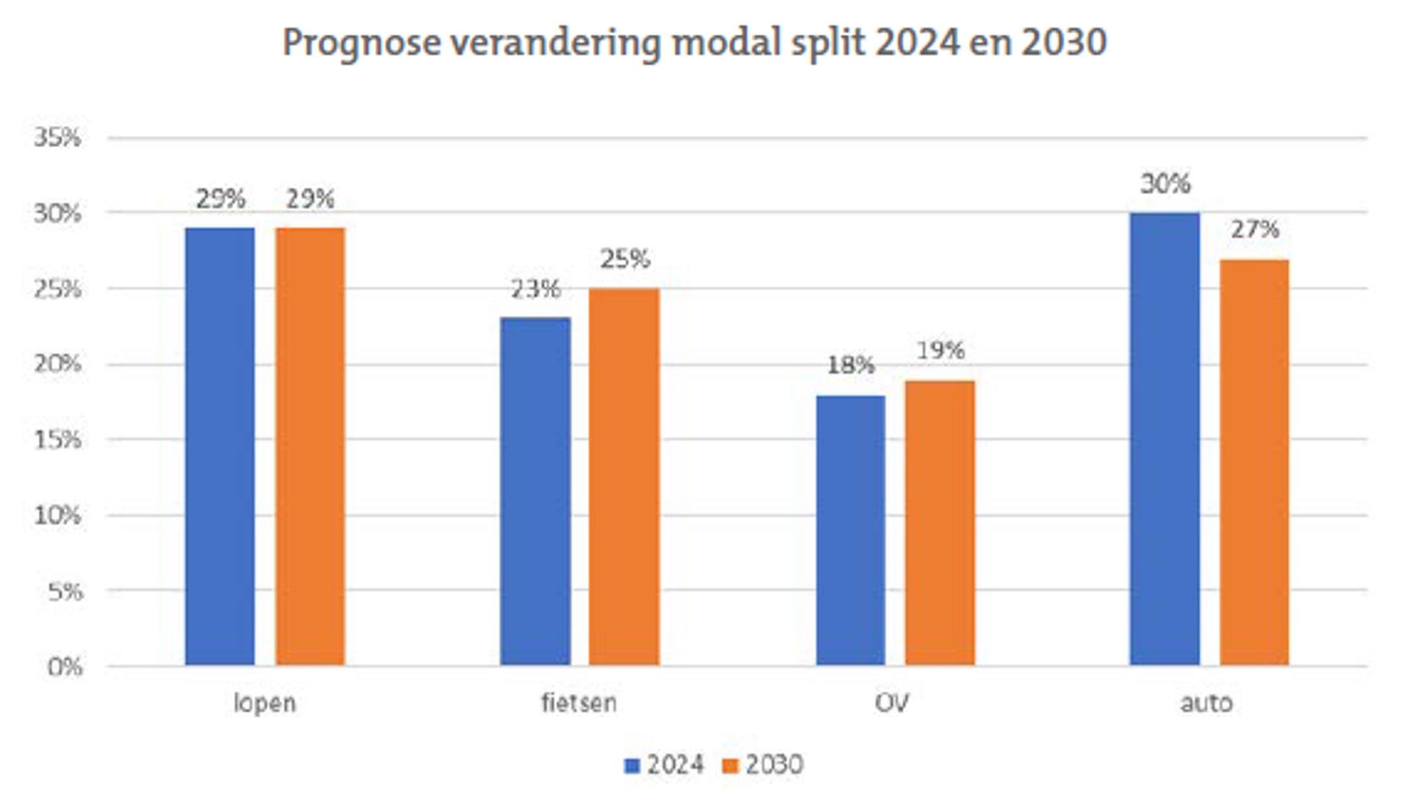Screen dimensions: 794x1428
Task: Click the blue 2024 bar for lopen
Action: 220,446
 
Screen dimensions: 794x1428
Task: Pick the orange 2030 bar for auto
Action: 1254,462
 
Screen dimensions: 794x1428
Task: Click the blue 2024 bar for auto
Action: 1164,439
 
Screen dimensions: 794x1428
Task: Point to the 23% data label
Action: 535,289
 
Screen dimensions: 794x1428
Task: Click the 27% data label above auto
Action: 1255,229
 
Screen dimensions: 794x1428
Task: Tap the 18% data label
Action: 850,365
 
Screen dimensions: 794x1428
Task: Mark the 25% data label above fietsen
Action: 624,259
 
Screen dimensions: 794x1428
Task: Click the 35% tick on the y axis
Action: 57,138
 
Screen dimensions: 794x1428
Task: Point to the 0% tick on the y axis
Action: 64,667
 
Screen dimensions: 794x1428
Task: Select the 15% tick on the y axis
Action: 57,441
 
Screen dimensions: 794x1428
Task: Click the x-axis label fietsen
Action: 579,703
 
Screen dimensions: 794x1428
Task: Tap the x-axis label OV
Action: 892,703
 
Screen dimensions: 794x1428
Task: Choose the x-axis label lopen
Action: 264,703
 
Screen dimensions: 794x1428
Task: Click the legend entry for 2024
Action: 664,765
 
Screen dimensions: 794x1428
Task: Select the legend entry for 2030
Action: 763,765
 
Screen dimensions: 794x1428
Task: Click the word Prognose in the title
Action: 361,43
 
